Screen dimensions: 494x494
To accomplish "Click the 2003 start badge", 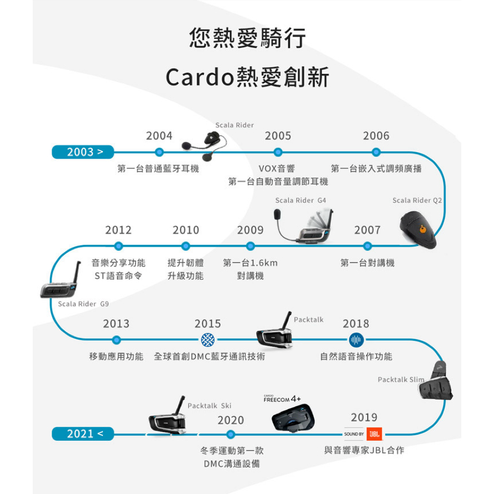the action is tap(83, 152).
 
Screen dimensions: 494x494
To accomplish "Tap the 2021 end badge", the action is tap(83, 434).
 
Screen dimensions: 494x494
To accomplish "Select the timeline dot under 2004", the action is tap(160, 152).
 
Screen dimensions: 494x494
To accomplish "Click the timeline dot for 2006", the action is tap(376, 152).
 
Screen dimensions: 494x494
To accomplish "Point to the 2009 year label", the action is tap(250, 230).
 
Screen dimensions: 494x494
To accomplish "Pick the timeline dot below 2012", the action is tap(118, 246).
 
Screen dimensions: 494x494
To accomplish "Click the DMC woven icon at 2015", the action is tap(208, 340).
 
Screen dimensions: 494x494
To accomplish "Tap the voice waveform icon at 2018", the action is tap(356, 340).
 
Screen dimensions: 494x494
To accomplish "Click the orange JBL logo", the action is tap(375, 434).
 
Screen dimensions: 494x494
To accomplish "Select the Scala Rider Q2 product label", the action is tap(417, 200).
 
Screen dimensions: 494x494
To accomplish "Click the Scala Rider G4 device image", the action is tap(303, 226).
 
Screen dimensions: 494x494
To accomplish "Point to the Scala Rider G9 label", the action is tap(84, 304).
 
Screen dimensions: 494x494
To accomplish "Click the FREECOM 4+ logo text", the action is tap(282, 399).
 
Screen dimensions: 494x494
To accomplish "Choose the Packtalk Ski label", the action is tap(209, 406).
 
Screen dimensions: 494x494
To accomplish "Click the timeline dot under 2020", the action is tap(230, 435).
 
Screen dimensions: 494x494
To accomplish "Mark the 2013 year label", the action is tap(116, 324).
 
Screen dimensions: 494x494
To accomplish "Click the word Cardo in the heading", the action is tap(200, 78).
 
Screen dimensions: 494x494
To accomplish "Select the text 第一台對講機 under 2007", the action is tap(368, 263).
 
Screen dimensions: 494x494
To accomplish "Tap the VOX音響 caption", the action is tap(276, 169).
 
